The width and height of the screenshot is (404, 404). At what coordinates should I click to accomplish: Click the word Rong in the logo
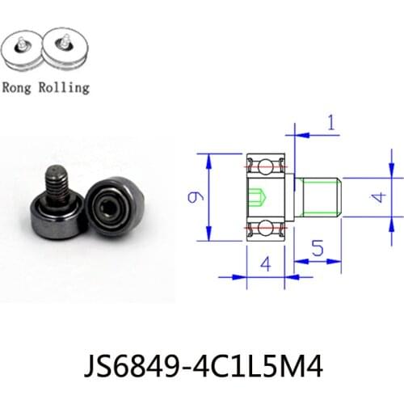pos(19,87)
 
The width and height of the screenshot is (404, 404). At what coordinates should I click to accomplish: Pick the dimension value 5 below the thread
pos(318,250)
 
